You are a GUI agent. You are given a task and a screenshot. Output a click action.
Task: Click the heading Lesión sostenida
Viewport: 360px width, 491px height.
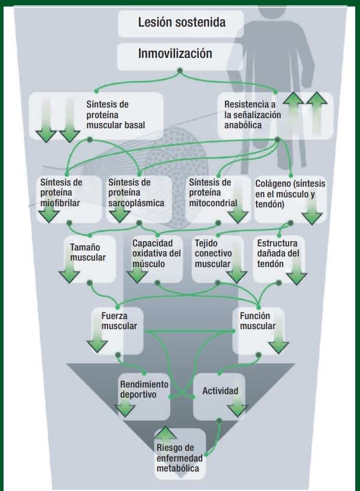(x=181, y=22)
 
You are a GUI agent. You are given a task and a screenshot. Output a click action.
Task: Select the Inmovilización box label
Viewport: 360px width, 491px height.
(x=175, y=53)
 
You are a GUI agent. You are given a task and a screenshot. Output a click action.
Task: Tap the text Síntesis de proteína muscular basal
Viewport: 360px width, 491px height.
(x=116, y=115)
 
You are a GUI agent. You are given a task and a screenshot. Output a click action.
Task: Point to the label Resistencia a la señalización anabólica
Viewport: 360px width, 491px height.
(x=252, y=115)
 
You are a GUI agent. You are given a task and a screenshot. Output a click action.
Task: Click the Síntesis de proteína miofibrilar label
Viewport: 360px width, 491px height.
(x=61, y=193)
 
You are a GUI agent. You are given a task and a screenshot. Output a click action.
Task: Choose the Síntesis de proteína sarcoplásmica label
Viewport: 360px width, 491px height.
(x=137, y=193)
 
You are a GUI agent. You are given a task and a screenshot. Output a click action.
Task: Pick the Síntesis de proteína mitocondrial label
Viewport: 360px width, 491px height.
(x=213, y=193)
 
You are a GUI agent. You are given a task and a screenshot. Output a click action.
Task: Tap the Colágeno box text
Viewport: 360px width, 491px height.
(x=290, y=194)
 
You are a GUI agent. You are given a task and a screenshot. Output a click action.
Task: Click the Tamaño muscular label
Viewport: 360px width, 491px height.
(x=87, y=252)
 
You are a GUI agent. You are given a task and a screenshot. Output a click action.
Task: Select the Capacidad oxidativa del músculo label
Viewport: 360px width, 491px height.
(x=156, y=253)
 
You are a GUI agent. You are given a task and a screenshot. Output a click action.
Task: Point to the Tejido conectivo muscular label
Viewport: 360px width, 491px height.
(x=213, y=253)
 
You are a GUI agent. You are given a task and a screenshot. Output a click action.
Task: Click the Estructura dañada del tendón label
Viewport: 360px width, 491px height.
(x=278, y=253)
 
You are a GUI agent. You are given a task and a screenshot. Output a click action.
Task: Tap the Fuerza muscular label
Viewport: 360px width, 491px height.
(x=119, y=321)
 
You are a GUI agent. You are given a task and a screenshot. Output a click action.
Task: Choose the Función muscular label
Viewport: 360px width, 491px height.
(x=258, y=321)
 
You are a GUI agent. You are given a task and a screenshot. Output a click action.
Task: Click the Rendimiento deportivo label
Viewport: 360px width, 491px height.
(x=144, y=389)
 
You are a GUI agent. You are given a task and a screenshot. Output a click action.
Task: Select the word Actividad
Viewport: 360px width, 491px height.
(x=220, y=391)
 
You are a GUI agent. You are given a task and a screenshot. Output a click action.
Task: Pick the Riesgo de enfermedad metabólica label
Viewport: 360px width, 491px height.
(x=180, y=458)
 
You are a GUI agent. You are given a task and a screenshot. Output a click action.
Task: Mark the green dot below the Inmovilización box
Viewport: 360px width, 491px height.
(x=180, y=71)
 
